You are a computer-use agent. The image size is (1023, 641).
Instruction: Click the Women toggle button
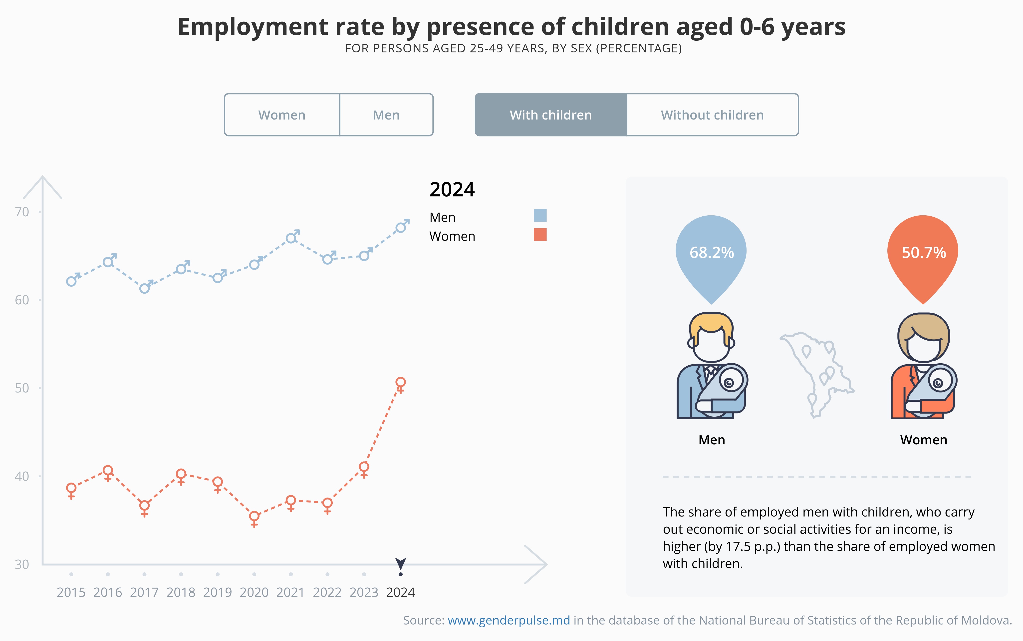(x=282, y=115)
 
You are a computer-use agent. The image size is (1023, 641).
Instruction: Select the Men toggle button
(x=386, y=115)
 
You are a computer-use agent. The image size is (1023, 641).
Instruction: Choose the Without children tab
(x=712, y=115)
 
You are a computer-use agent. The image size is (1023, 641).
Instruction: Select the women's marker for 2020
(x=254, y=516)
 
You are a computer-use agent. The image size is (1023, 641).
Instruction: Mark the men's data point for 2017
(x=145, y=288)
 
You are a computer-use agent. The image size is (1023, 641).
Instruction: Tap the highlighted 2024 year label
(x=400, y=592)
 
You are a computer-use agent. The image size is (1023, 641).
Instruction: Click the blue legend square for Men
(x=540, y=215)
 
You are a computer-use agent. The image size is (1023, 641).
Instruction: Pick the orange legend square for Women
(x=540, y=235)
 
